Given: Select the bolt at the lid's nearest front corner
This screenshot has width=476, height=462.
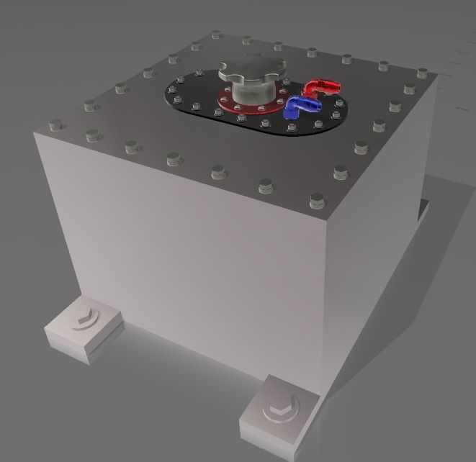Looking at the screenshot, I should coord(315,200).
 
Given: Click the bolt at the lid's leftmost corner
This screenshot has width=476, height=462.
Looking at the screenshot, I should coord(55,124).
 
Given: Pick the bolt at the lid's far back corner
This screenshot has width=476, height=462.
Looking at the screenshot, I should coord(216,34).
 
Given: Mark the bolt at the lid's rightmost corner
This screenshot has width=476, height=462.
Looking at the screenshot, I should coord(423,73).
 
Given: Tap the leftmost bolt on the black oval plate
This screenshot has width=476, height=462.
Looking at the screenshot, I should coord(174,94).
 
